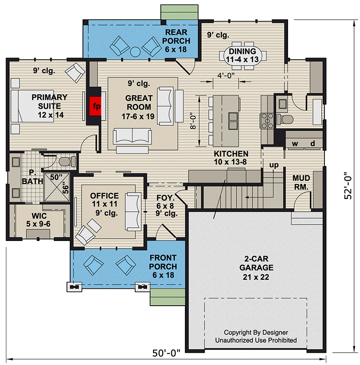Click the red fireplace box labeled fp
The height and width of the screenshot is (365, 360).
(x=95, y=106)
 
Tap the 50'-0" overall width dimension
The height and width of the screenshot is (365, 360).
(x=166, y=353)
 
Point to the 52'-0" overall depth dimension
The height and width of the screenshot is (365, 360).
(x=348, y=186)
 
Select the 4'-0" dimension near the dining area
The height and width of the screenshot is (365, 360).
(x=226, y=76)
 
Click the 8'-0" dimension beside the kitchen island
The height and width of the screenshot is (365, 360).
(x=193, y=121)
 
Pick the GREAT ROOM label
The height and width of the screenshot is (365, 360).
(x=139, y=102)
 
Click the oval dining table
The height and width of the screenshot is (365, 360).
(x=243, y=56)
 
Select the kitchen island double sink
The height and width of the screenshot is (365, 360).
(x=233, y=121)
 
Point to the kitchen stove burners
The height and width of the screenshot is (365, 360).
(x=267, y=120)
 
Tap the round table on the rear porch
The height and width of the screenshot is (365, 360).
(x=135, y=52)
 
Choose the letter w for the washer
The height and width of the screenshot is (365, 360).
(x=295, y=143)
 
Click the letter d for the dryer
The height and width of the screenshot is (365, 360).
(x=313, y=143)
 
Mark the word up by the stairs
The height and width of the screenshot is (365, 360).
(x=274, y=165)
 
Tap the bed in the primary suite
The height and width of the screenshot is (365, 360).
(x=32, y=106)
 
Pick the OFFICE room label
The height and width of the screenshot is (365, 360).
(x=104, y=196)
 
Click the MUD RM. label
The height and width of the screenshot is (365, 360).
(x=301, y=182)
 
